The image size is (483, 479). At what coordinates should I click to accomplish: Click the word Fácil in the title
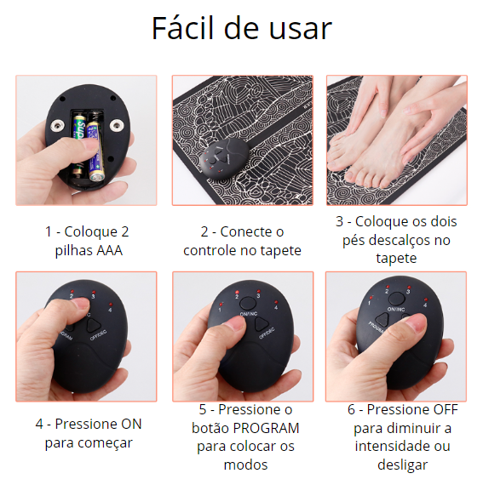[x=184, y=28]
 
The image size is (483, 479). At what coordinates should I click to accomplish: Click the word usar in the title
[x=301, y=30]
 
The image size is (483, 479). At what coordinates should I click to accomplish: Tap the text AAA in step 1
[x=110, y=250]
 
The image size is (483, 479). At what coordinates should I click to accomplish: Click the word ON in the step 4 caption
[x=131, y=425]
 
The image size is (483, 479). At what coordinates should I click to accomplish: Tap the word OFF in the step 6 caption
[x=446, y=410]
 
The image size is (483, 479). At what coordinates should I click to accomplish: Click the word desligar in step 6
[x=402, y=465]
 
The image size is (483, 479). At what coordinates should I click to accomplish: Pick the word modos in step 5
[x=245, y=465]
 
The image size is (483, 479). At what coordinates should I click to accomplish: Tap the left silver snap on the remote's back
[x=58, y=125]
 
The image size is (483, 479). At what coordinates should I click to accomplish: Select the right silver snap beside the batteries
[x=117, y=124]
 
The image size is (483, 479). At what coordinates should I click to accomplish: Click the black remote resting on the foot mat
[x=224, y=157]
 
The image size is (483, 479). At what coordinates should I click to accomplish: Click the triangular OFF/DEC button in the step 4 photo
[x=94, y=325]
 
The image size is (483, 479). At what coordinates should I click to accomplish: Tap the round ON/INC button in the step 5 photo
[x=247, y=303]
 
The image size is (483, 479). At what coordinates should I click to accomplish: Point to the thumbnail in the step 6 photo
[x=416, y=324]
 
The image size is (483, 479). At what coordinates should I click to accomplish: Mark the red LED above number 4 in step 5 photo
[x=276, y=302]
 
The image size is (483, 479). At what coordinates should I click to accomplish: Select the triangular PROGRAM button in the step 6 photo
[x=382, y=320]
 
